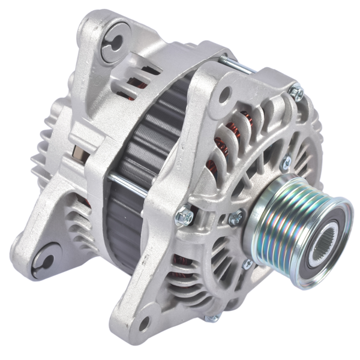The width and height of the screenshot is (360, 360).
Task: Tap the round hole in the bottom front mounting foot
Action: (143, 323)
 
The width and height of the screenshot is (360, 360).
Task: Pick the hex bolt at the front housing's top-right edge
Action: (295, 92)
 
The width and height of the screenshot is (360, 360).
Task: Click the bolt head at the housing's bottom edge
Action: (211, 319)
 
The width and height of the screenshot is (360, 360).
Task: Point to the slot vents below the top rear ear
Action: (135, 75)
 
